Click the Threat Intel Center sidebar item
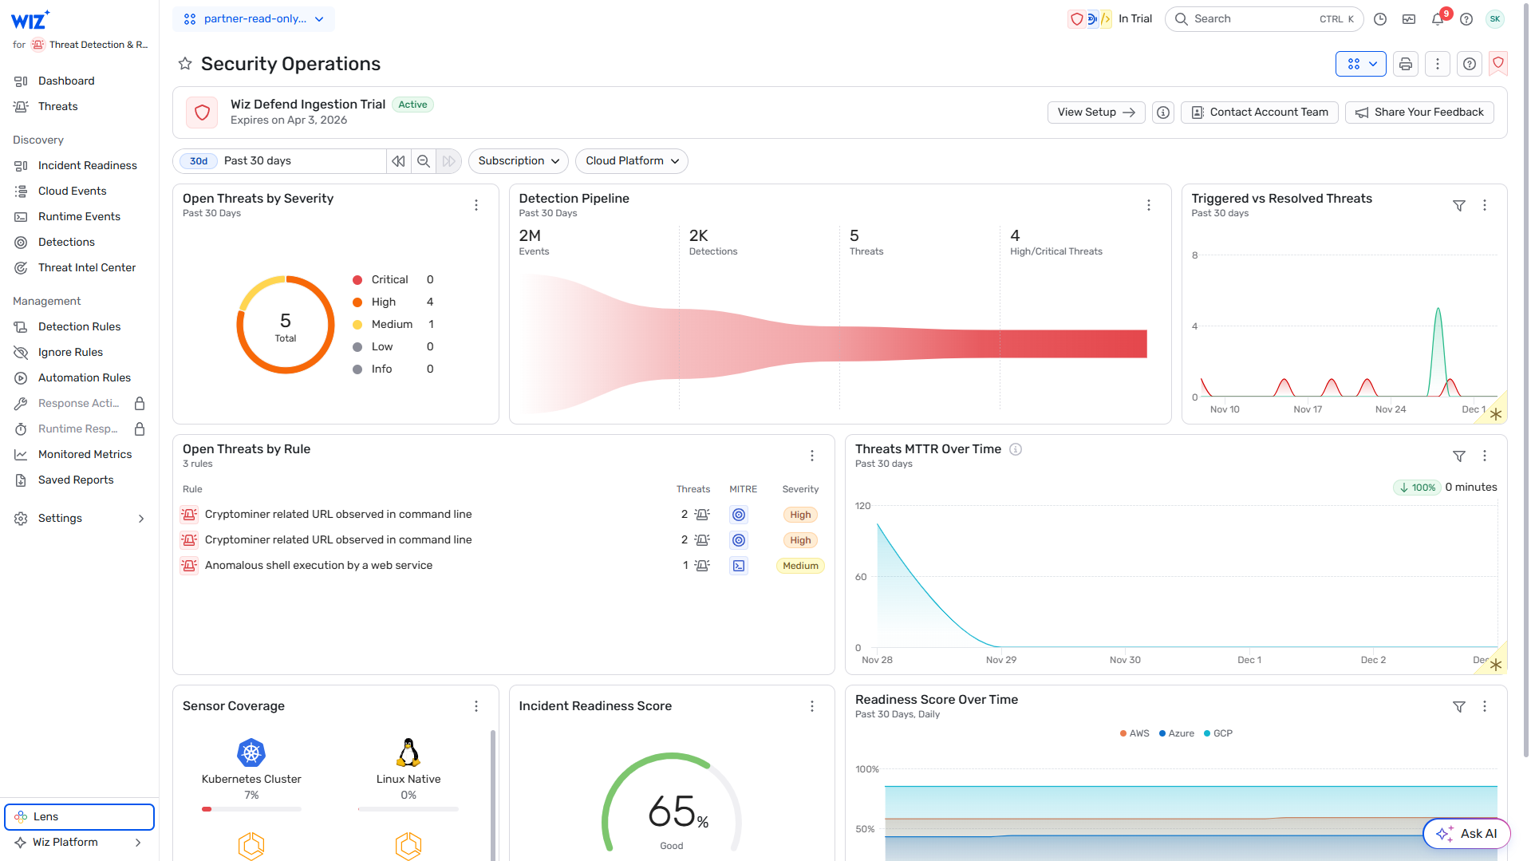tap(86, 267)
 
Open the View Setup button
tap(1095, 113)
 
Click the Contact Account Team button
tap(1260, 113)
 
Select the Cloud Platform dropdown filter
tap(631, 161)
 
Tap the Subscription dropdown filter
tap(518, 161)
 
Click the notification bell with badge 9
tap(1438, 19)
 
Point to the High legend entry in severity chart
tap(383, 302)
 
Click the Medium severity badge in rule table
tap(799, 566)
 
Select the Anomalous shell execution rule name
tap(318, 566)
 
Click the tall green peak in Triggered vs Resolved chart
tap(1438, 311)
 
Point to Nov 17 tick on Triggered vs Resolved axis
tap(1307, 409)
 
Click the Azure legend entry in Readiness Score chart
tap(1177, 733)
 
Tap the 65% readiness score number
tap(673, 812)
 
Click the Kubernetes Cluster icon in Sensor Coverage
tap(251, 752)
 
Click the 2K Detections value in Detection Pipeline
tap(698, 236)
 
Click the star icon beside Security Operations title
tap(185, 64)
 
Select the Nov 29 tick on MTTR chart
tap(1000, 660)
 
